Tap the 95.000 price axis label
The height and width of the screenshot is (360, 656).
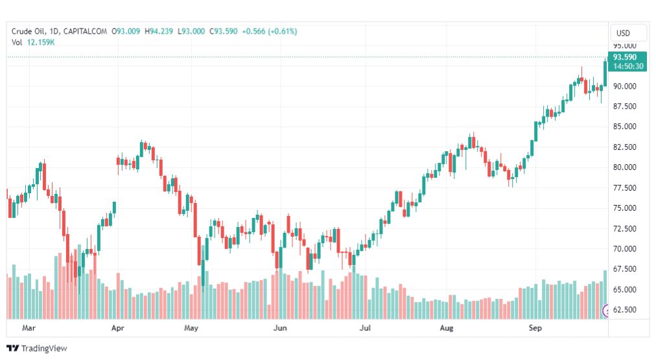625,46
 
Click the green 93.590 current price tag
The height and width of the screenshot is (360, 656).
626,57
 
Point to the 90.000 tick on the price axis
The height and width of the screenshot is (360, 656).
625,86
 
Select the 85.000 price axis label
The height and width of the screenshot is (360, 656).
625,126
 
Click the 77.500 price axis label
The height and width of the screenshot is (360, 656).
625,188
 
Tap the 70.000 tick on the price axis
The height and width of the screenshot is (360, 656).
625,248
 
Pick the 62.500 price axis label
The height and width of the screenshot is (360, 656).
625,309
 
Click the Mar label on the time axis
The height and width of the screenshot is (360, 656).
29,328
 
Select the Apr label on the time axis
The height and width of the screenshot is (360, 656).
118,328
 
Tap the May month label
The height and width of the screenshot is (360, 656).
191,328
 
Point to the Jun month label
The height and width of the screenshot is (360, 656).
279,328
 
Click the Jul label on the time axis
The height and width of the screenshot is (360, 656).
366,328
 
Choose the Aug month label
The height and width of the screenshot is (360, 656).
447,328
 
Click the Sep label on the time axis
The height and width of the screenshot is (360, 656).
535,328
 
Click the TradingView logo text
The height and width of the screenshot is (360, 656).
44,348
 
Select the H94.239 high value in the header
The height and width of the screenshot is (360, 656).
159,31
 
